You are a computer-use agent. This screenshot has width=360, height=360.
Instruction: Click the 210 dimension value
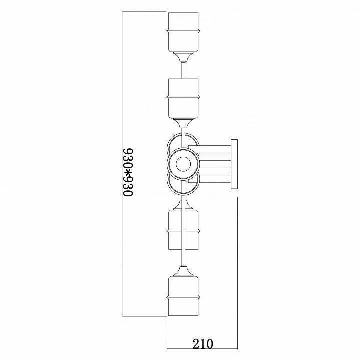coord(203,343)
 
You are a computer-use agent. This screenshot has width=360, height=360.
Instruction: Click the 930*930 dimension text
coord(128,172)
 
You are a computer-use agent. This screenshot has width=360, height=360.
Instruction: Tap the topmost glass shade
coord(183,32)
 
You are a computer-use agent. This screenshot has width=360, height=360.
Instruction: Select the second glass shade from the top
coord(183,99)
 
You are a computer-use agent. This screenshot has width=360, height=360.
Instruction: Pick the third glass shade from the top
coord(183,230)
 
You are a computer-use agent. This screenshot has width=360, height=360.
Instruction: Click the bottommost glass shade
coord(183,296)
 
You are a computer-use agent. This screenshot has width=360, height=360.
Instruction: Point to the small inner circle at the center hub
coord(183,164)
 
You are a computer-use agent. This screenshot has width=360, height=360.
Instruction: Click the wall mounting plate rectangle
coord(234,164)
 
